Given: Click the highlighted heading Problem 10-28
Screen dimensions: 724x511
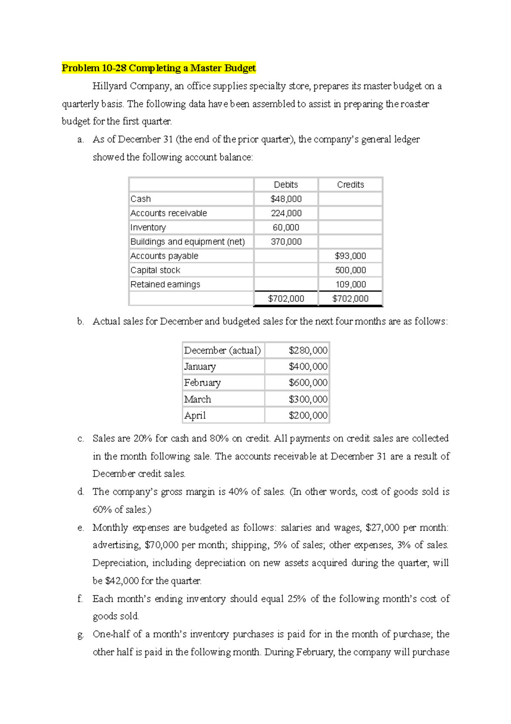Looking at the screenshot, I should (x=158, y=68).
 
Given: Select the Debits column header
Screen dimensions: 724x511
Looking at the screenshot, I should (x=286, y=185).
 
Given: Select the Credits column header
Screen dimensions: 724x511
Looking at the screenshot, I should (x=350, y=185).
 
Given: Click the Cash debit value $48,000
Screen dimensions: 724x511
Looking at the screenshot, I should (x=286, y=199).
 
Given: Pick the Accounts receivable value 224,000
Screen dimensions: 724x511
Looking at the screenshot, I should (x=286, y=213).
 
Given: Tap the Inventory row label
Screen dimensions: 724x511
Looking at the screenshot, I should (x=148, y=228).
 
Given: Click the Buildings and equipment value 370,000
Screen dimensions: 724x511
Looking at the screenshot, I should (x=286, y=242).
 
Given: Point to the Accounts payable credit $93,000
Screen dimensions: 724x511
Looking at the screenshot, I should (x=350, y=256).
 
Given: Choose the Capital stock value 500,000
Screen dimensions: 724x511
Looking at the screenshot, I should (x=350, y=270).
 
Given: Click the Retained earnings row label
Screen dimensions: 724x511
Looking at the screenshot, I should (x=165, y=284).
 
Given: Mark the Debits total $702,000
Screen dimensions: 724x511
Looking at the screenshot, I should (x=286, y=299).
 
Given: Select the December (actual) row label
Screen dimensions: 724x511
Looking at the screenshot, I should (x=222, y=350).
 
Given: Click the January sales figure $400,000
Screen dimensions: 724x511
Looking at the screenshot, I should (x=308, y=367).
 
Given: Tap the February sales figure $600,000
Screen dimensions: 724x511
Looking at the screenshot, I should (x=308, y=383).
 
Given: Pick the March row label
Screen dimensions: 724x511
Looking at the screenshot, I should (x=198, y=400).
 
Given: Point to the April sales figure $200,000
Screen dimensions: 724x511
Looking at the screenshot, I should (x=308, y=416).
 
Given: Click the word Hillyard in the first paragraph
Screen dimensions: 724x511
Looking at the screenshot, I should (x=110, y=86).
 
